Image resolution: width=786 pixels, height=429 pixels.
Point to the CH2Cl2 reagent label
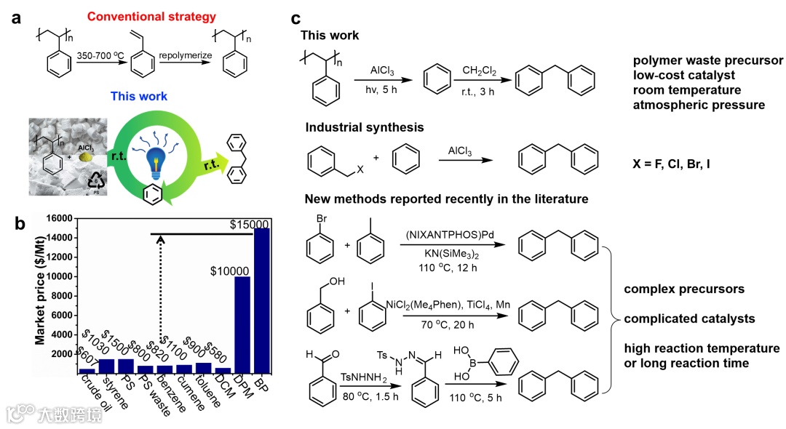[479, 70]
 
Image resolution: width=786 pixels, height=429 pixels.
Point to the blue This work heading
[139, 96]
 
